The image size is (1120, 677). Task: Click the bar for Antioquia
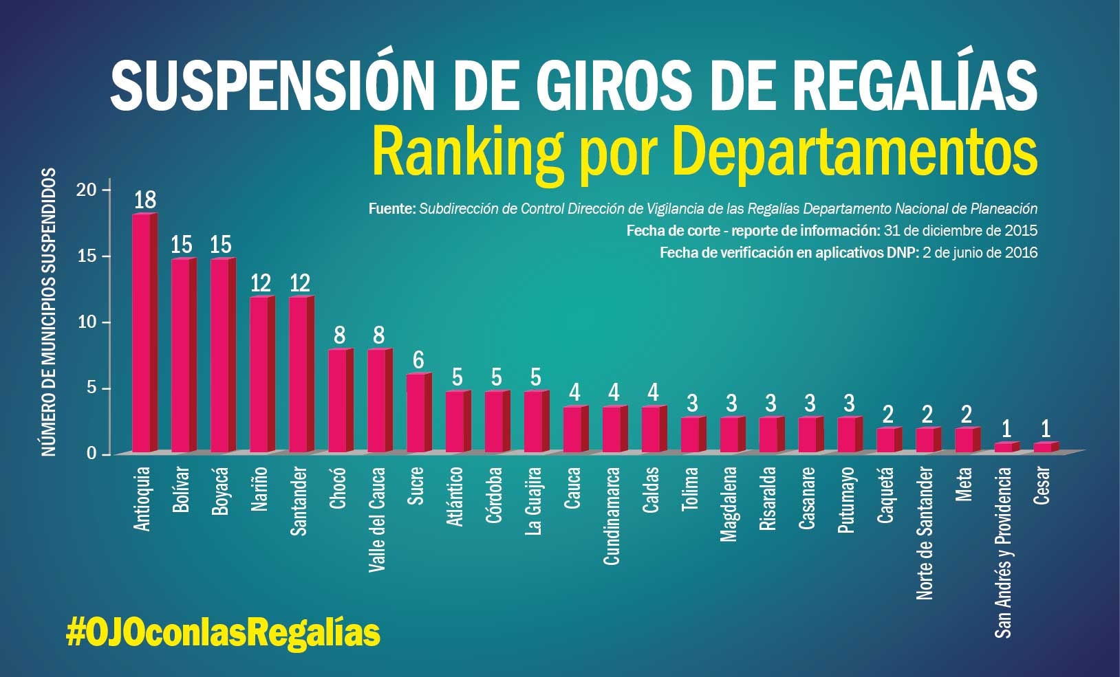(143, 333)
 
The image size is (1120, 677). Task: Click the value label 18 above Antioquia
(145, 200)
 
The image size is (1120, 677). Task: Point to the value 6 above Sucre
(418, 360)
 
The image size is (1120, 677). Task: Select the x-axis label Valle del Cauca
(377, 520)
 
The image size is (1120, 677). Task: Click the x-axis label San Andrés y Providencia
(1004, 552)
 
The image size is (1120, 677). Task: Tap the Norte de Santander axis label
(925, 533)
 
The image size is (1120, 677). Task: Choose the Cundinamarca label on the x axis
(612, 515)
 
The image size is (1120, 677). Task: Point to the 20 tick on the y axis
(87, 190)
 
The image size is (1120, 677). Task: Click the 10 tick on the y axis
(87, 322)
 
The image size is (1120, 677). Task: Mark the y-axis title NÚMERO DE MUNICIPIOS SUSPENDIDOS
(48, 311)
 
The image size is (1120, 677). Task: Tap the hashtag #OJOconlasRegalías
(223, 631)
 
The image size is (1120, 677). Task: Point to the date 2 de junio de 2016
(980, 253)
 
